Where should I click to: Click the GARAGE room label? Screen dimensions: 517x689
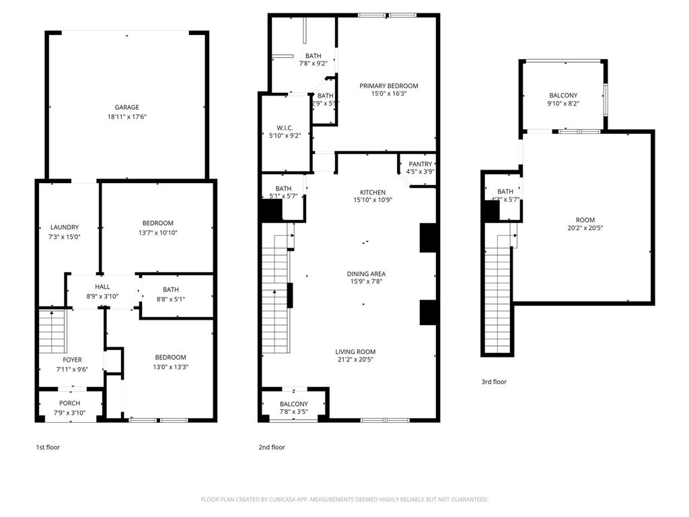click(x=126, y=107)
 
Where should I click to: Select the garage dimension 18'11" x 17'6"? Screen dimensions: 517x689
click(x=126, y=116)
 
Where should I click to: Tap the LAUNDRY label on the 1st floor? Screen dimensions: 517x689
click(x=65, y=228)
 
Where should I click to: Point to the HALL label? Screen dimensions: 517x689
click(x=102, y=287)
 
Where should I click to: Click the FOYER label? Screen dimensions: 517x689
click(x=72, y=360)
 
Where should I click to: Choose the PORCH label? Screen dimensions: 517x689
click(x=69, y=404)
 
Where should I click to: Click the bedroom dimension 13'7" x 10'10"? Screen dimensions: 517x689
click(x=157, y=233)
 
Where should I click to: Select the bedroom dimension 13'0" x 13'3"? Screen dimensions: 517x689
click(x=171, y=367)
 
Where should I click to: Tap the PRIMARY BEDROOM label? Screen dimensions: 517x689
click(x=388, y=85)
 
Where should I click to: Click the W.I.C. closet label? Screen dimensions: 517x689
click(x=285, y=127)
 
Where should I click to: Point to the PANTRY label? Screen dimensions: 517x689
click(x=420, y=164)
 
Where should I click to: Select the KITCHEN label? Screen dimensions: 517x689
click(x=373, y=193)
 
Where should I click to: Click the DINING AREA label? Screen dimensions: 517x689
click(x=366, y=274)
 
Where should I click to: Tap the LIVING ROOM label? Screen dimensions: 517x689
click(x=355, y=351)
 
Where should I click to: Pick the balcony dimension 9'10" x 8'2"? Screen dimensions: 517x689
click(x=563, y=104)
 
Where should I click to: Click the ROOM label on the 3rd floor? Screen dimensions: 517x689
click(x=585, y=220)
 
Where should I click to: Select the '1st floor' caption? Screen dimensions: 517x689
click(x=48, y=447)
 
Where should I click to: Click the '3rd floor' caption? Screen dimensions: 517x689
click(x=493, y=382)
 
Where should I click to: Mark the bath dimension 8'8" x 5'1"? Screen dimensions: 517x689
click(x=170, y=299)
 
